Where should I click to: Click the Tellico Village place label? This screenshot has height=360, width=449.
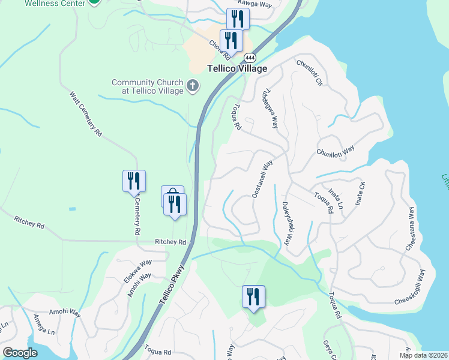tap(237, 68)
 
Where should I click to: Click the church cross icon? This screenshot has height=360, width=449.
tap(193, 86)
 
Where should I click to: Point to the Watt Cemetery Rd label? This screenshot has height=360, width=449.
tap(86, 114)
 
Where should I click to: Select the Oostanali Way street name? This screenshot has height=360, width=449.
tap(262, 178)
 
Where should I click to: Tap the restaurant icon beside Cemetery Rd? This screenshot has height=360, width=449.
tap(134, 181)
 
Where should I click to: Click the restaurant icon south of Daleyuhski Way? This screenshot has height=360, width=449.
tap(253, 296)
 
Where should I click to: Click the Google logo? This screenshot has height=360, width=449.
tap(20, 353)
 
